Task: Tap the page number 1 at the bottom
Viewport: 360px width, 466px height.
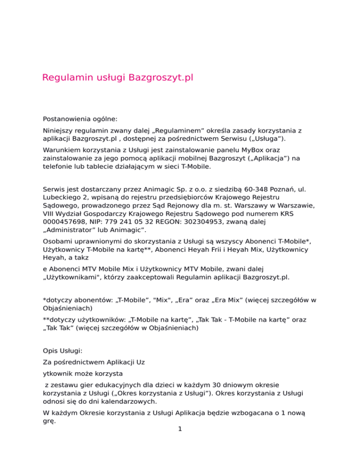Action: pos(180,455)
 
